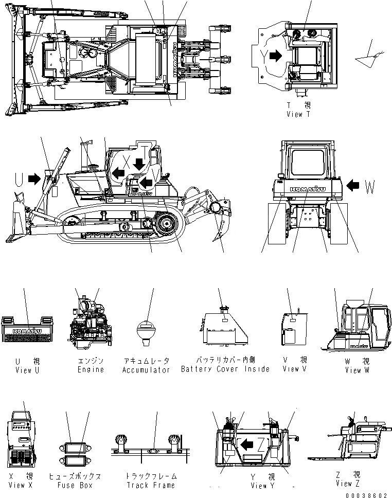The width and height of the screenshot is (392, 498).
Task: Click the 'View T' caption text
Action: (x=298, y=115)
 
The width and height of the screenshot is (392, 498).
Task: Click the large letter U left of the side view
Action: (x=19, y=179)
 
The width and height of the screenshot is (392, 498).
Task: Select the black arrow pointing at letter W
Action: (x=354, y=184)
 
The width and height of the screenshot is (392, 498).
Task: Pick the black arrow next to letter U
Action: (x=34, y=179)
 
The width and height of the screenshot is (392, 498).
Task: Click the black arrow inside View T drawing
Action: (x=276, y=56)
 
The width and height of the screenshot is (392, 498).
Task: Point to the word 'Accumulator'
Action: (x=146, y=370)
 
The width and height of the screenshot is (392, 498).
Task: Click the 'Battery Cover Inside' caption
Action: (x=225, y=369)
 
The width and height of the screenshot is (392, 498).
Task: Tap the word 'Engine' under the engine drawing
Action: (x=91, y=369)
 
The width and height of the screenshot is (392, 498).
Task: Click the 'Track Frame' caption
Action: (x=151, y=485)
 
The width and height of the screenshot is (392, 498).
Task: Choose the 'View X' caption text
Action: (x=24, y=485)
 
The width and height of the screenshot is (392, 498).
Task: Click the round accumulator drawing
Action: (x=146, y=329)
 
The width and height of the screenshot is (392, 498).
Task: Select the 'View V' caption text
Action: (x=294, y=369)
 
